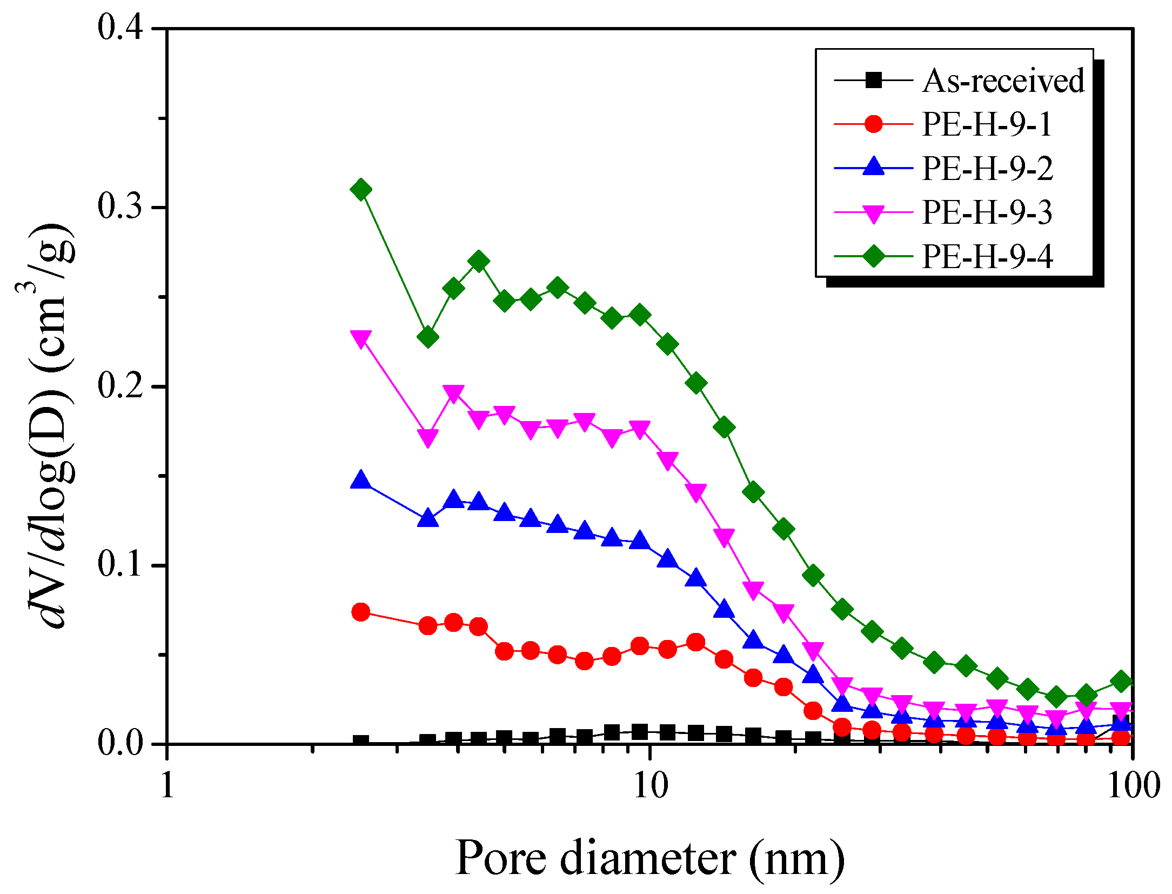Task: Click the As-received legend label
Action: (x=1003, y=81)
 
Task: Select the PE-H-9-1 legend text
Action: (x=987, y=124)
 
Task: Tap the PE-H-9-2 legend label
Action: (x=987, y=168)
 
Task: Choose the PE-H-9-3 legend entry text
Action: (x=987, y=212)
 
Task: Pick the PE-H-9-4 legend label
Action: (x=987, y=256)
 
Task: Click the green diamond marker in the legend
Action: (x=873, y=255)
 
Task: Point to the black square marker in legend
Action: (x=873, y=81)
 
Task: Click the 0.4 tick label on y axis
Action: (x=120, y=27)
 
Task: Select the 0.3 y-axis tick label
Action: (x=120, y=206)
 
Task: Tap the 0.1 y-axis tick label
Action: (x=120, y=564)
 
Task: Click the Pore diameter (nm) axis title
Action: (x=650, y=858)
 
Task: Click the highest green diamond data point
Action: (x=361, y=190)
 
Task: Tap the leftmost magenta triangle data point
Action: (x=361, y=338)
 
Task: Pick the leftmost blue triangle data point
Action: (x=361, y=480)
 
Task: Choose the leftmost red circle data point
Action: (x=361, y=612)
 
